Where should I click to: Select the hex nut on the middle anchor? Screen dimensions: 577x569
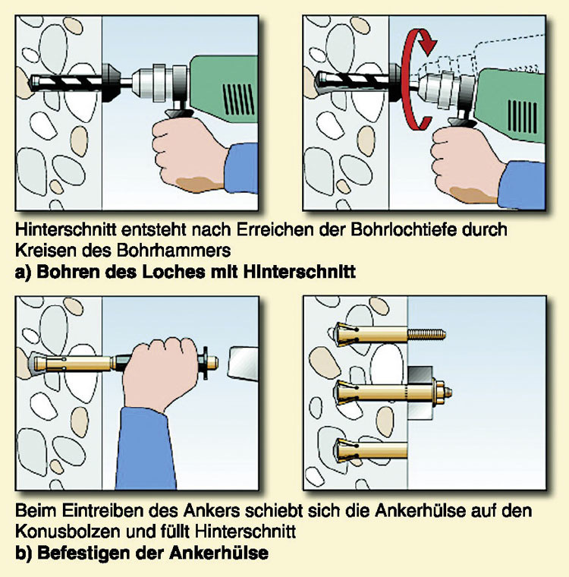(x=448, y=392)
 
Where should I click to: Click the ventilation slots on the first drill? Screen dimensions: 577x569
(x=236, y=98)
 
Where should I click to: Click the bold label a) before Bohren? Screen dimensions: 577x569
(x=24, y=270)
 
